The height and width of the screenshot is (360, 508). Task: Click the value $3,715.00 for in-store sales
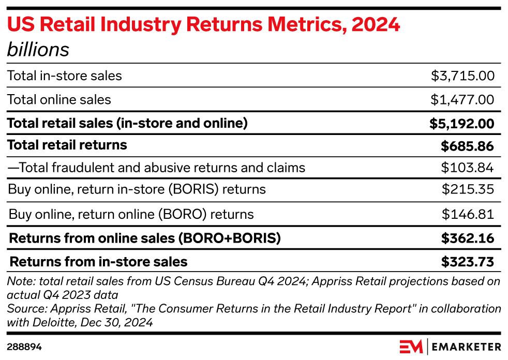pyautogui.click(x=462, y=76)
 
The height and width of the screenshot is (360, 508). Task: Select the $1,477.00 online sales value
pyautogui.click(x=462, y=99)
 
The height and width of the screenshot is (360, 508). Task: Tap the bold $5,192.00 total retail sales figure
pyautogui.click(x=461, y=124)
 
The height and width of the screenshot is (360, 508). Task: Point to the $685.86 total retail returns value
pyautogui.click(x=467, y=146)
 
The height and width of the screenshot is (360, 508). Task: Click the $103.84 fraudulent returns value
pyautogui.click(x=468, y=168)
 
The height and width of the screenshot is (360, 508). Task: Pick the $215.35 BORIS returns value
pyautogui.click(x=468, y=189)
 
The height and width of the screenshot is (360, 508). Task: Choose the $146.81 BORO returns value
pyautogui.click(x=468, y=214)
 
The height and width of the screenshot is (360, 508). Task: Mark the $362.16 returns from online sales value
pyautogui.click(x=467, y=238)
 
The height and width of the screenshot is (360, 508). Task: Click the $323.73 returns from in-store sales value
pyautogui.click(x=467, y=262)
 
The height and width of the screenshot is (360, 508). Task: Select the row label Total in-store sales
pyautogui.click(x=65, y=76)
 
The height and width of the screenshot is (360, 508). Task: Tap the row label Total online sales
pyautogui.click(x=59, y=99)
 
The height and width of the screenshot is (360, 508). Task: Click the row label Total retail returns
pyautogui.click(x=67, y=145)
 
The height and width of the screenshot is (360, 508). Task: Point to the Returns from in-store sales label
pyautogui.click(x=99, y=262)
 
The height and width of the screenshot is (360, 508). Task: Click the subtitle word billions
pyautogui.click(x=38, y=50)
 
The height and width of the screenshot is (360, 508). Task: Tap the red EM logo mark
pyautogui.click(x=411, y=346)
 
